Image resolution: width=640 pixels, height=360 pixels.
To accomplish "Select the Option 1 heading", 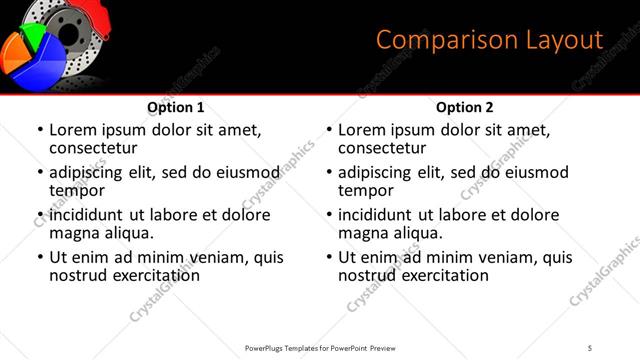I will (x=175, y=107).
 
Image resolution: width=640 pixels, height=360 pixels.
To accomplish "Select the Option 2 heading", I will (x=464, y=107).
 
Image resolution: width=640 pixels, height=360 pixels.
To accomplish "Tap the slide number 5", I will (x=590, y=347).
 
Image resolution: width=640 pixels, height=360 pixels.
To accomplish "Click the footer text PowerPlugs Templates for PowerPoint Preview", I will (x=322, y=347).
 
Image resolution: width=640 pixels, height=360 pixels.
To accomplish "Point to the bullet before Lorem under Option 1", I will (x=40, y=131).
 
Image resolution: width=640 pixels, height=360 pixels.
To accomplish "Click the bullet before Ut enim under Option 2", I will (x=329, y=257).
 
